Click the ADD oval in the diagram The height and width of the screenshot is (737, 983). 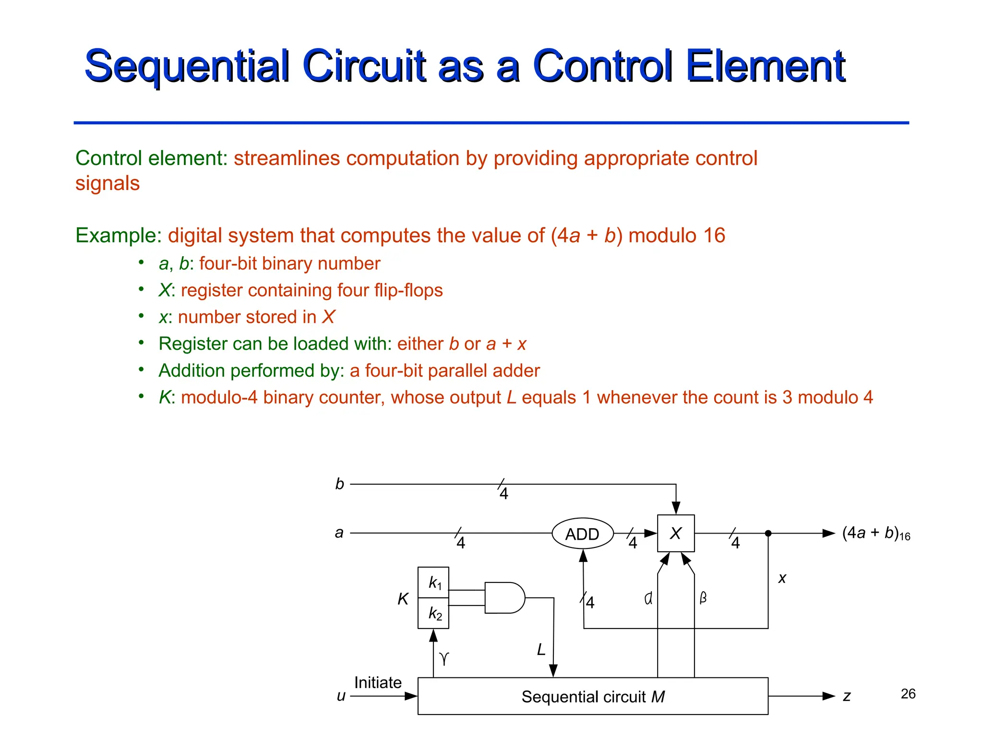point(582,534)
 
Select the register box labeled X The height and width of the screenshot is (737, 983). point(675,533)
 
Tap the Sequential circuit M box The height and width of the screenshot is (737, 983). point(593,696)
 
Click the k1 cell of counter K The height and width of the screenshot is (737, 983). point(434,582)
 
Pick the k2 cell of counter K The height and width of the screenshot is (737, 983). point(434,613)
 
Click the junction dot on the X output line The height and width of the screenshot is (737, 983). point(768,533)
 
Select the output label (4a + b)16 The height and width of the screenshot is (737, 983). point(875,533)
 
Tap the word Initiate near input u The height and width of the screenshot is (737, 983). point(378,682)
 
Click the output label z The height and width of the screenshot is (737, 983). point(847,696)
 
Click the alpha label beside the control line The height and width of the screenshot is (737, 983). point(648,598)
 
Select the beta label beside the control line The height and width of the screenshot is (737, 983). point(703,598)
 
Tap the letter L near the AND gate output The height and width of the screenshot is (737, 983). point(541,650)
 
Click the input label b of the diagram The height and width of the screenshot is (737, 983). point(340,484)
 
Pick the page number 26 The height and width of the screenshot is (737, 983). point(908,694)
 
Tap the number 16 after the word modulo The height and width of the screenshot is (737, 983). point(714,236)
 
